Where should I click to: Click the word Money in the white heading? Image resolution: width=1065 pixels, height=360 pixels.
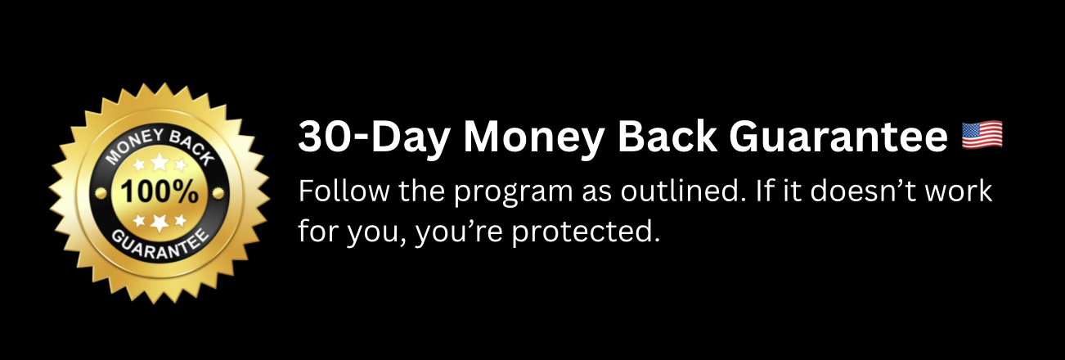[x=533, y=137]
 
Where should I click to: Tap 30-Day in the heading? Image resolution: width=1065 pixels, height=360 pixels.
[x=374, y=137]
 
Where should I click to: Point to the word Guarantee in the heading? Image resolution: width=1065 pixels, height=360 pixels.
[x=838, y=137]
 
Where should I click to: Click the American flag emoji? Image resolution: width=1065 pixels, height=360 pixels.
[x=982, y=135]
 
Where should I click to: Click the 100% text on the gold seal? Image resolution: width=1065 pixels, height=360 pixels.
[x=160, y=191]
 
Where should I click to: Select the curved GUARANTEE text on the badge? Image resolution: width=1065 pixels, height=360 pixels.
[x=160, y=244]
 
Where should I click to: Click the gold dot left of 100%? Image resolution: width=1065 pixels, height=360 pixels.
[x=101, y=193]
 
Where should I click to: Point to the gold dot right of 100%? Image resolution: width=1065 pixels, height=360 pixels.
[x=218, y=193]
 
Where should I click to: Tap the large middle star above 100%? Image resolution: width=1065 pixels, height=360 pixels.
[x=160, y=162]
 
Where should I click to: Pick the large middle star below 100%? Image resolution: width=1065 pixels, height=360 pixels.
[x=160, y=222]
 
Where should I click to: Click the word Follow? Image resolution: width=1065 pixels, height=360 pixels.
[x=344, y=191]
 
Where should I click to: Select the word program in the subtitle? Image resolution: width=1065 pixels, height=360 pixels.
[x=513, y=194]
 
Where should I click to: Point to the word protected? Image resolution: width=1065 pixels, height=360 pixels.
[x=586, y=233]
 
